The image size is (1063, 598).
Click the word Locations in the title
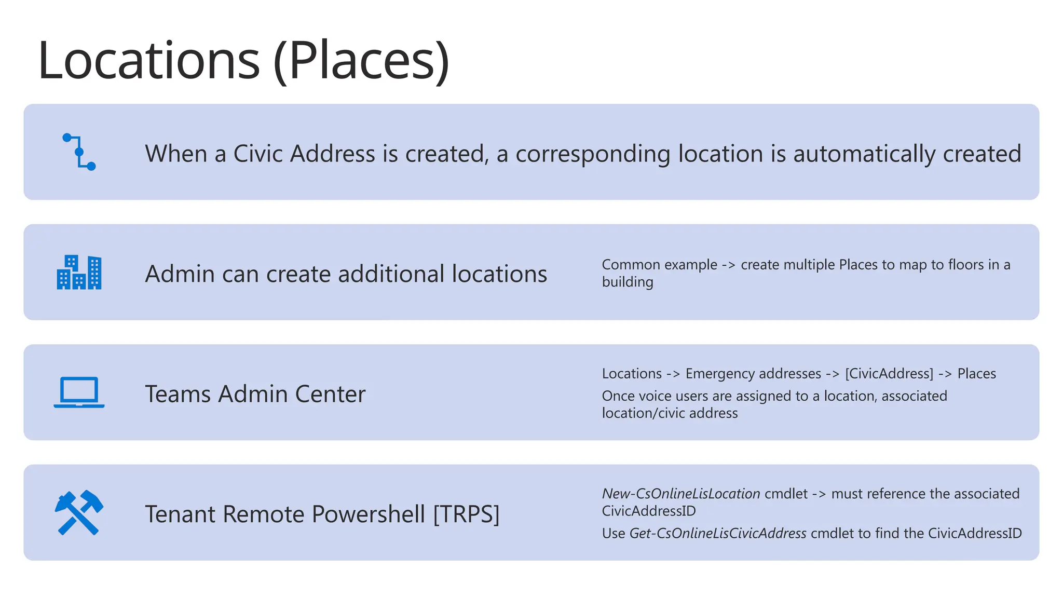(x=148, y=61)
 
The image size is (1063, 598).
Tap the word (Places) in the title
(x=361, y=61)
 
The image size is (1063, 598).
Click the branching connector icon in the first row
(x=79, y=152)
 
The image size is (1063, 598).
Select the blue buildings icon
(x=79, y=272)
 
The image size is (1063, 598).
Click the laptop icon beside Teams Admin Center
(x=79, y=392)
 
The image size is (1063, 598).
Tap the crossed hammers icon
(x=79, y=512)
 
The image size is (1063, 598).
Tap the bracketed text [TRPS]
(x=466, y=514)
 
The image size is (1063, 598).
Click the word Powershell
(x=369, y=514)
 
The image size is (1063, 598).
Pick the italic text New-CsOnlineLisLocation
(x=680, y=494)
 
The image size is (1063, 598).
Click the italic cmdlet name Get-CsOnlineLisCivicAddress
(x=718, y=534)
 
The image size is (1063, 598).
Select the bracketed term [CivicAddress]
(x=889, y=374)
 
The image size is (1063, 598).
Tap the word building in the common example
(x=628, y=282)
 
